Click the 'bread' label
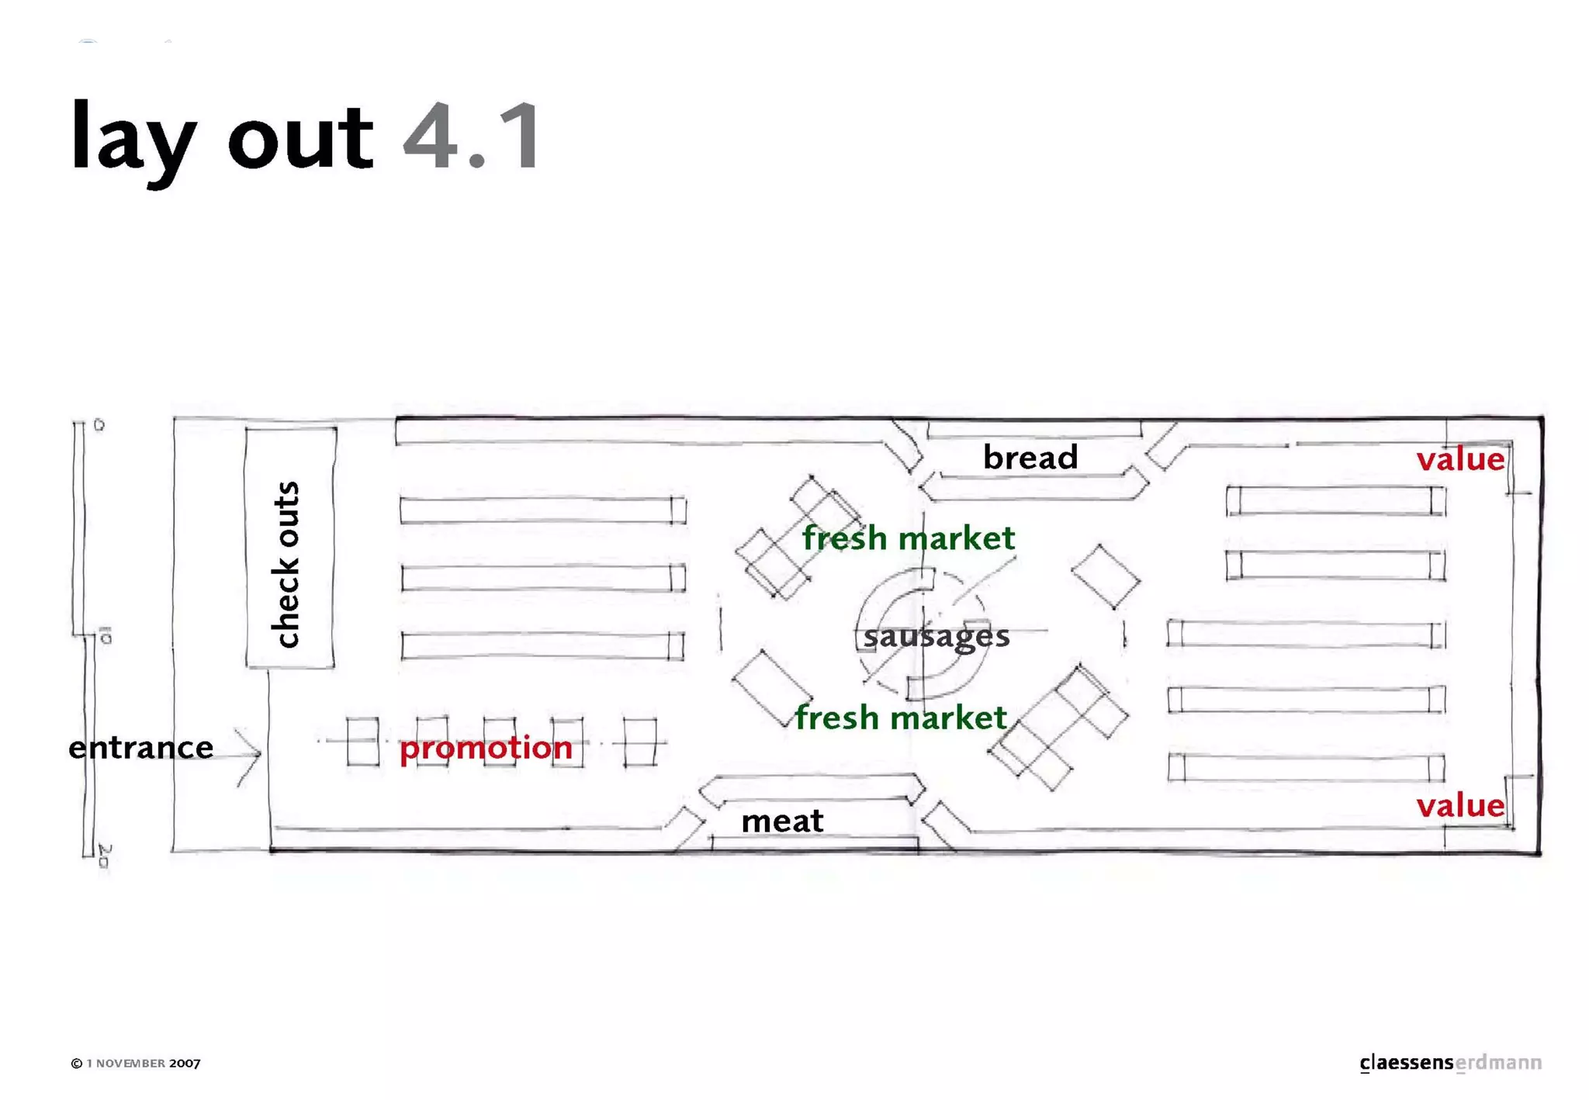coord(1030,458)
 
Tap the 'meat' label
coord(782,821)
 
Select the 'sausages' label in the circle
coord(936,636)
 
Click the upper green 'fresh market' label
coord(908,538)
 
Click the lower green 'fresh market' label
coord(900,718)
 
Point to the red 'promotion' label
coord(486,747)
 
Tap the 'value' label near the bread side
coord(1460,459)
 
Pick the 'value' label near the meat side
coord(1460,805)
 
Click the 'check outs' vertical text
coord(287,564)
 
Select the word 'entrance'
coord(140,747)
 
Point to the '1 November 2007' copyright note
coord(136,1063)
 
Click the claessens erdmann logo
coord(1450,1062)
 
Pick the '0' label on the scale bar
coord(99,425)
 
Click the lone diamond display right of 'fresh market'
coord(1106,576)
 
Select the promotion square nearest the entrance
coord(362,742)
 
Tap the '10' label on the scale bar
coord(106,637)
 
